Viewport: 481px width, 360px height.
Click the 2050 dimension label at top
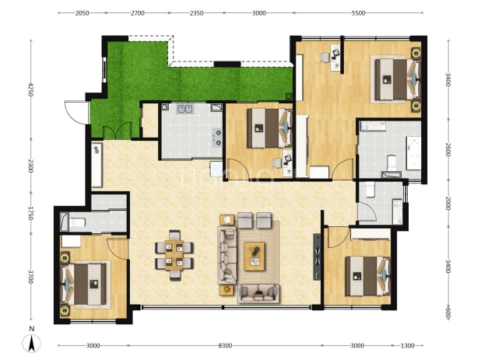tap(82, 13)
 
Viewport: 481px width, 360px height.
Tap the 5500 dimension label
tap(358, 13)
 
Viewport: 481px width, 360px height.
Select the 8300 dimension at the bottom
tap(225, 345)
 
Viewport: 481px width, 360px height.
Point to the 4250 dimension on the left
tap(30, 89)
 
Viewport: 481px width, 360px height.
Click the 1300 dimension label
tap(407, 345)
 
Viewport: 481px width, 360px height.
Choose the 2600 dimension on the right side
tap(448, 149)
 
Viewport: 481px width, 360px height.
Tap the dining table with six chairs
tap(174, 255)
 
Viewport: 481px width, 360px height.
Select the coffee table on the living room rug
tap(255, 256)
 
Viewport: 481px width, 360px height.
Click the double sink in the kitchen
tap(184, 109)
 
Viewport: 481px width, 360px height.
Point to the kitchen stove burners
tap(218, 138)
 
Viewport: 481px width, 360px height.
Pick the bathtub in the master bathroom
tap(413, 152)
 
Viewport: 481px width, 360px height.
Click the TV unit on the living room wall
tap(317, 257)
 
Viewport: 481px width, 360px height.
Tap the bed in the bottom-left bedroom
tap(86, 285)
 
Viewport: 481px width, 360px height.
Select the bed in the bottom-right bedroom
tap(367, 276)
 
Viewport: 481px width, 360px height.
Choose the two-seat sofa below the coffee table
tap(258, 293)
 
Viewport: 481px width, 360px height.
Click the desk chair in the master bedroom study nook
tap(325, 58)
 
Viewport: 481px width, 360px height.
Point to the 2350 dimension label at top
tap(196, 13)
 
